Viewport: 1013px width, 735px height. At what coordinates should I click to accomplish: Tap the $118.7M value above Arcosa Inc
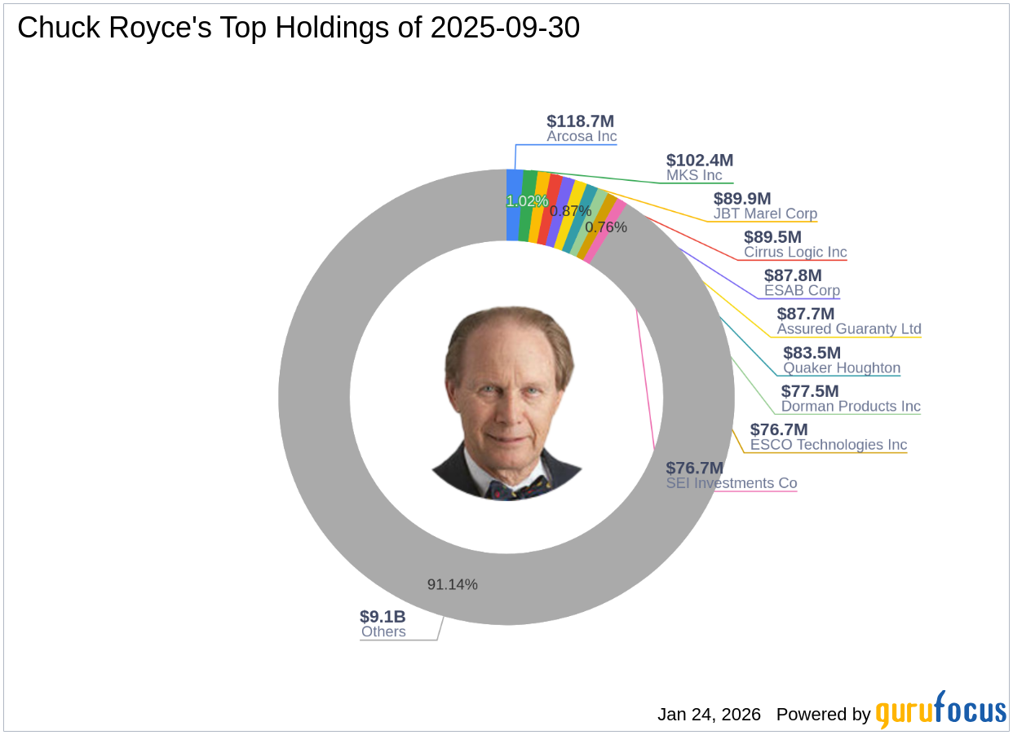click(x=581, y=121)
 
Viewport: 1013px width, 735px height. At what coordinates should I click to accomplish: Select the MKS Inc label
click(x=694, y=175)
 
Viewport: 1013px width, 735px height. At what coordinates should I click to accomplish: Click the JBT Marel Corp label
click(x=765, y=213)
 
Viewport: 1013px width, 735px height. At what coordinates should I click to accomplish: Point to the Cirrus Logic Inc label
click(x=795, y=252)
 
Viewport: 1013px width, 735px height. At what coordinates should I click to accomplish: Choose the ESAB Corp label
click(x=802, y=290)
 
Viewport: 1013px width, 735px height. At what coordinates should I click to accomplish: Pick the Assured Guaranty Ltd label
click(x=849, y=329)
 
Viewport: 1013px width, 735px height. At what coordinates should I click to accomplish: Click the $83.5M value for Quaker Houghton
click(x=812, y=353)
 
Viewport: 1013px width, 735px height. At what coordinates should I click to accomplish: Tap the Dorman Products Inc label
click(x=851, y=406)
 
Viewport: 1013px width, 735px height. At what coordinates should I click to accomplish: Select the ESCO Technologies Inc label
click(x=829, y=444)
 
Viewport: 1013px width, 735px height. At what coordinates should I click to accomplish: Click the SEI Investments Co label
click(x=732, y=483)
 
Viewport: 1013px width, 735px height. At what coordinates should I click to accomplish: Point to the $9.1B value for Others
click(x=383, y=617)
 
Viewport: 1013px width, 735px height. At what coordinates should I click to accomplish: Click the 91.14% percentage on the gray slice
click(x=453, y=584)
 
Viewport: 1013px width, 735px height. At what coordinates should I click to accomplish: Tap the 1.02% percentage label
click(x=527, y=201)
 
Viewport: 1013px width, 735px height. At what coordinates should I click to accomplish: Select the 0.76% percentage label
click(x=606, y=227)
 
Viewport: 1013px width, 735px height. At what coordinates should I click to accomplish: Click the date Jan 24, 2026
click(x=709, y=715)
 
